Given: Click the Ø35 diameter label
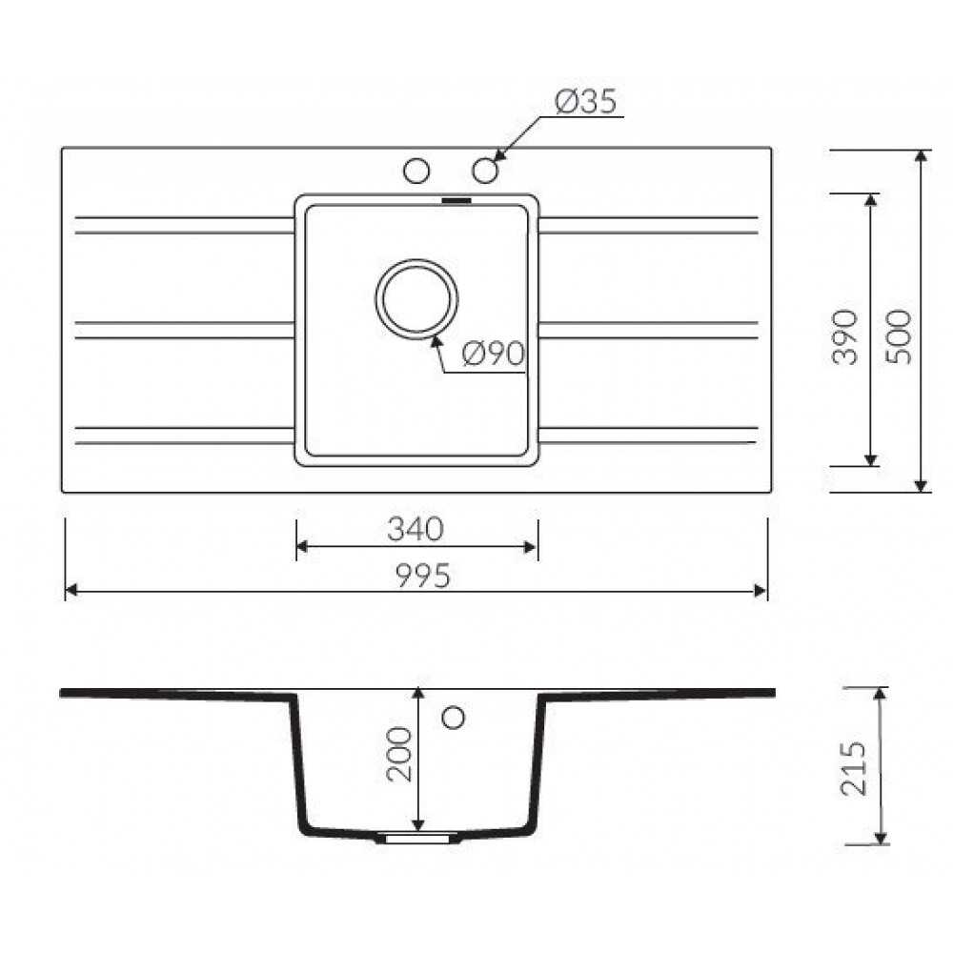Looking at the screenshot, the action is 586,101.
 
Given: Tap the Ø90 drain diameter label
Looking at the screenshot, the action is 493,354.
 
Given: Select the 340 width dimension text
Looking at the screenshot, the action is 416,529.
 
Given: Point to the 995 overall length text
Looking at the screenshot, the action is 423,575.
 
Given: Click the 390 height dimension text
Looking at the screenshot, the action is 844,336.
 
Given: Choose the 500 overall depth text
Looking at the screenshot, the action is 899,336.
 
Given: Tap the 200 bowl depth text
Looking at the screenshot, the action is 399,754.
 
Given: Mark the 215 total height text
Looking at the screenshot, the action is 853,767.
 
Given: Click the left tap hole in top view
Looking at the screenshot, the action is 416,171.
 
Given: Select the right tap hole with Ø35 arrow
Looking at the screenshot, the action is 485,171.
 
